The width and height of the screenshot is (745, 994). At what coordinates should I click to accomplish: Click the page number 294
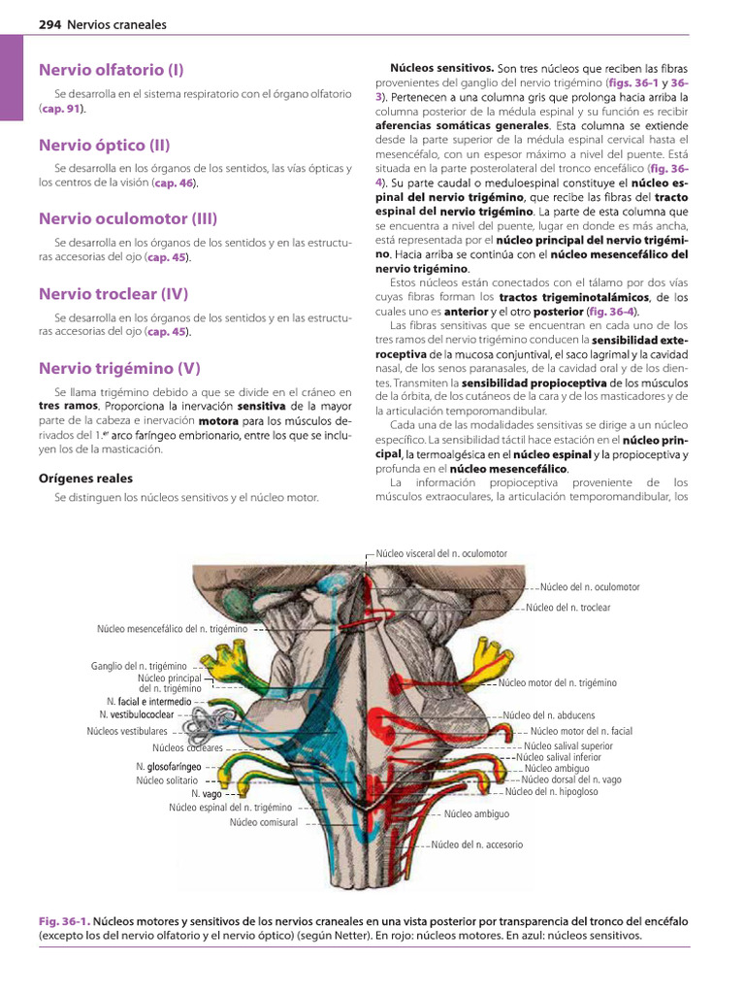pos(49,24)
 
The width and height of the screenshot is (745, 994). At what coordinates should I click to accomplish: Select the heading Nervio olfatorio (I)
pos(112,70)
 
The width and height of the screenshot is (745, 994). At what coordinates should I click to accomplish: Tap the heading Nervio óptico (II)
pos(105,146)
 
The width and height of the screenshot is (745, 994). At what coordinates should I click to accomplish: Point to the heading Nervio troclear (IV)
pos(113,293)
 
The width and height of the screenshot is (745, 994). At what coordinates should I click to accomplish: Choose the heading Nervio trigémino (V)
pos(119,368)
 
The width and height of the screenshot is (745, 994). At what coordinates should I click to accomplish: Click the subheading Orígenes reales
pos(85,479)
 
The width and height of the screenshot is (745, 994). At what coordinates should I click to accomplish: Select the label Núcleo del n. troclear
pos(567,608)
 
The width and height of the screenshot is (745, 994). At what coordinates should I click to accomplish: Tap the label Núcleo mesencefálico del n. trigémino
pos(172,629)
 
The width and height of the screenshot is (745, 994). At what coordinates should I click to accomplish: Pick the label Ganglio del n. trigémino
pos(141,666)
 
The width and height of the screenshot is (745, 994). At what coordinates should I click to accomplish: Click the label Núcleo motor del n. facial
pos(581,731)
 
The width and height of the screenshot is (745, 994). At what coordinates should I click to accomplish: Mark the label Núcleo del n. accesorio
pos(476,845)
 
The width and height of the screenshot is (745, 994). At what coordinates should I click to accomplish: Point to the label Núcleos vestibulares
pos(126,731)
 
